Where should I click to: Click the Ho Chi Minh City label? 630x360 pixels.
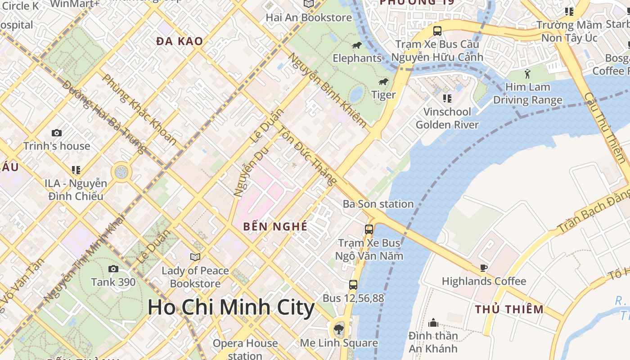[x=231, y=307]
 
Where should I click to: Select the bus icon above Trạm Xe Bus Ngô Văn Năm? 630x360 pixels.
[x=369, y=229]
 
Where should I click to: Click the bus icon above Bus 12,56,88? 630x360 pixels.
[x=353, y=284]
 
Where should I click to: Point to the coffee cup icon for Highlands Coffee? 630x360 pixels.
[x=484, y=268]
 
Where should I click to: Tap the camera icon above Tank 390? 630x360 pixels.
[x=113, y=269]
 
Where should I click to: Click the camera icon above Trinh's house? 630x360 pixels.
[x=57, y=133]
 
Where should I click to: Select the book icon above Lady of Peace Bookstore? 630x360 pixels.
[x=195, y=257]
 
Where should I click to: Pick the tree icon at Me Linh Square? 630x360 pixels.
[x=339, y=329]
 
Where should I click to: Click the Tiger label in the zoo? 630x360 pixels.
[x=383, y=94]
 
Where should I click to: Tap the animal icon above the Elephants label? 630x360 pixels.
[x=357, y=45]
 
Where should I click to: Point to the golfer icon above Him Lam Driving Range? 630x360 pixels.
[x=527, y=73]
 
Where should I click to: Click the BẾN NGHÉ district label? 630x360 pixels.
[x=275, y=226]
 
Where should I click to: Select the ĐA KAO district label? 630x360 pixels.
[x=180, y=41]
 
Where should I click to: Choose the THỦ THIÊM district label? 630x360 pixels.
[x=509, y=309]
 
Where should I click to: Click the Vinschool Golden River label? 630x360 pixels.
[x=447, y=118]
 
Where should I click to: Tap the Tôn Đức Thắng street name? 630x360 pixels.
[x=307, y=156]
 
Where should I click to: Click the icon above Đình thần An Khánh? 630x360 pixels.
[x=433, y=323]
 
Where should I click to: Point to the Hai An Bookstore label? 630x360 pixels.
[x=309, y=18]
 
